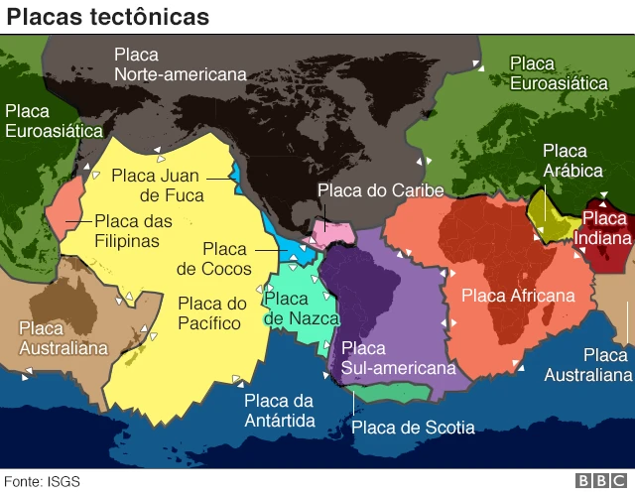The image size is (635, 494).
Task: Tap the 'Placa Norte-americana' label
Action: click(x=180, y=64)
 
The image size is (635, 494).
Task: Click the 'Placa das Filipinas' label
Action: click(x=133, y=231)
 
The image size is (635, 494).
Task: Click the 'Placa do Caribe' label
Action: click(x=380, y=190)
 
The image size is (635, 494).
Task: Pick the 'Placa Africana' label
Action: click(x=518, y=296)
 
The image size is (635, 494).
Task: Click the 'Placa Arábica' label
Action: click(x=565, y=161)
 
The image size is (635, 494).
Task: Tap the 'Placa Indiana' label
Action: click(x=605, y=228)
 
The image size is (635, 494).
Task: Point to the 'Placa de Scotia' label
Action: click(x=413, y=428)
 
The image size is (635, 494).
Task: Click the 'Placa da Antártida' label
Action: click(x=279, y=411)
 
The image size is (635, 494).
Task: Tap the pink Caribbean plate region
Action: click(x=329, y=234)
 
